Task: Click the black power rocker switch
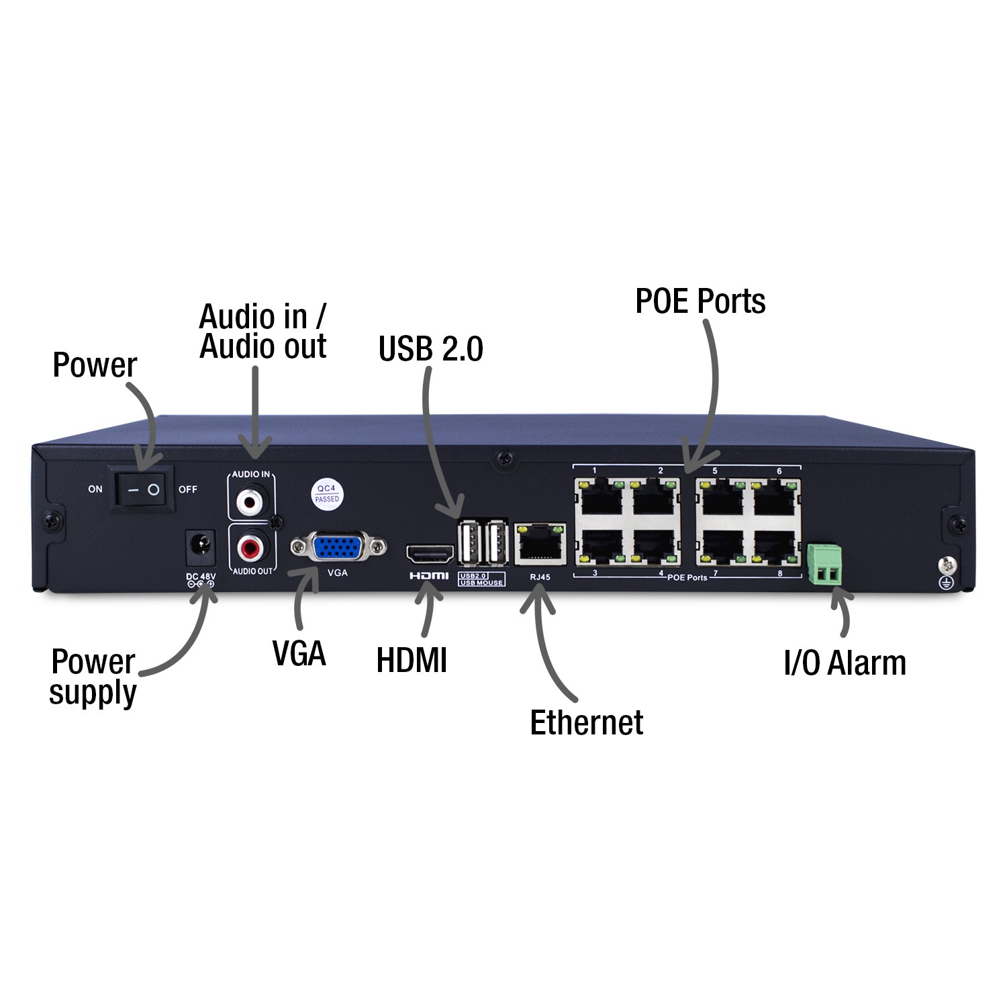point(143,489)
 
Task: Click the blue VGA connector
point(338,548)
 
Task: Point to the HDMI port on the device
point(430,555)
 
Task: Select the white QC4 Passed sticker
point(327,493)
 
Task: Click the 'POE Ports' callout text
point(700,301)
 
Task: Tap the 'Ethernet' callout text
point(587,722)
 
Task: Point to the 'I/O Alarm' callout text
point(845,663)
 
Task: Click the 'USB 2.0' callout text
point(430,348)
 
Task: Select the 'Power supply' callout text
point(93,677)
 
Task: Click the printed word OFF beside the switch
point(188,489)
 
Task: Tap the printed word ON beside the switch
point(95,489)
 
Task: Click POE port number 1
point(600,499)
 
